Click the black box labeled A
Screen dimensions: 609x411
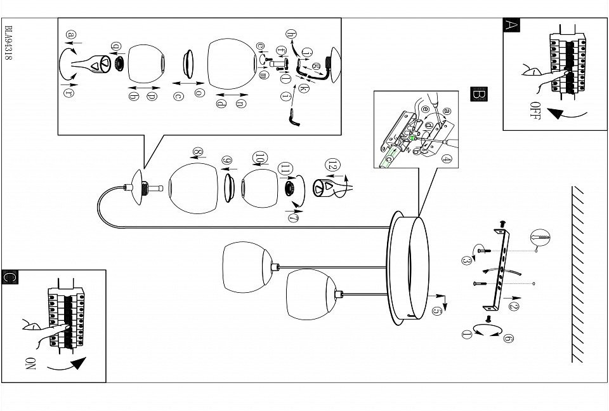511,25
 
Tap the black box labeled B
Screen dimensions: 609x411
478,94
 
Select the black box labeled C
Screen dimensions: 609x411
10,277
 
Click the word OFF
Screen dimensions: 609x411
535,111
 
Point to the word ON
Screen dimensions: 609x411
30,363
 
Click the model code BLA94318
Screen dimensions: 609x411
8,43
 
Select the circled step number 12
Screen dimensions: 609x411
332,165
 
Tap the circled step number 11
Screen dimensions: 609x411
285,169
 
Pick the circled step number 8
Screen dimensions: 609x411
198,152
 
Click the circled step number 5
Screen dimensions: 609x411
437,311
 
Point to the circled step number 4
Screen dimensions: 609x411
447,159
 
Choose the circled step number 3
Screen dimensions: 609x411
466,260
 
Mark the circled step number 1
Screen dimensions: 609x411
467,334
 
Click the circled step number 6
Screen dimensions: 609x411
508,339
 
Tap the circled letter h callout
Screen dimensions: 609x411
291,34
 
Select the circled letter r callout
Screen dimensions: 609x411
69,93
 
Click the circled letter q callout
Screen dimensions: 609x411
115,46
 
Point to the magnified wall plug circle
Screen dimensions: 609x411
540,238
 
